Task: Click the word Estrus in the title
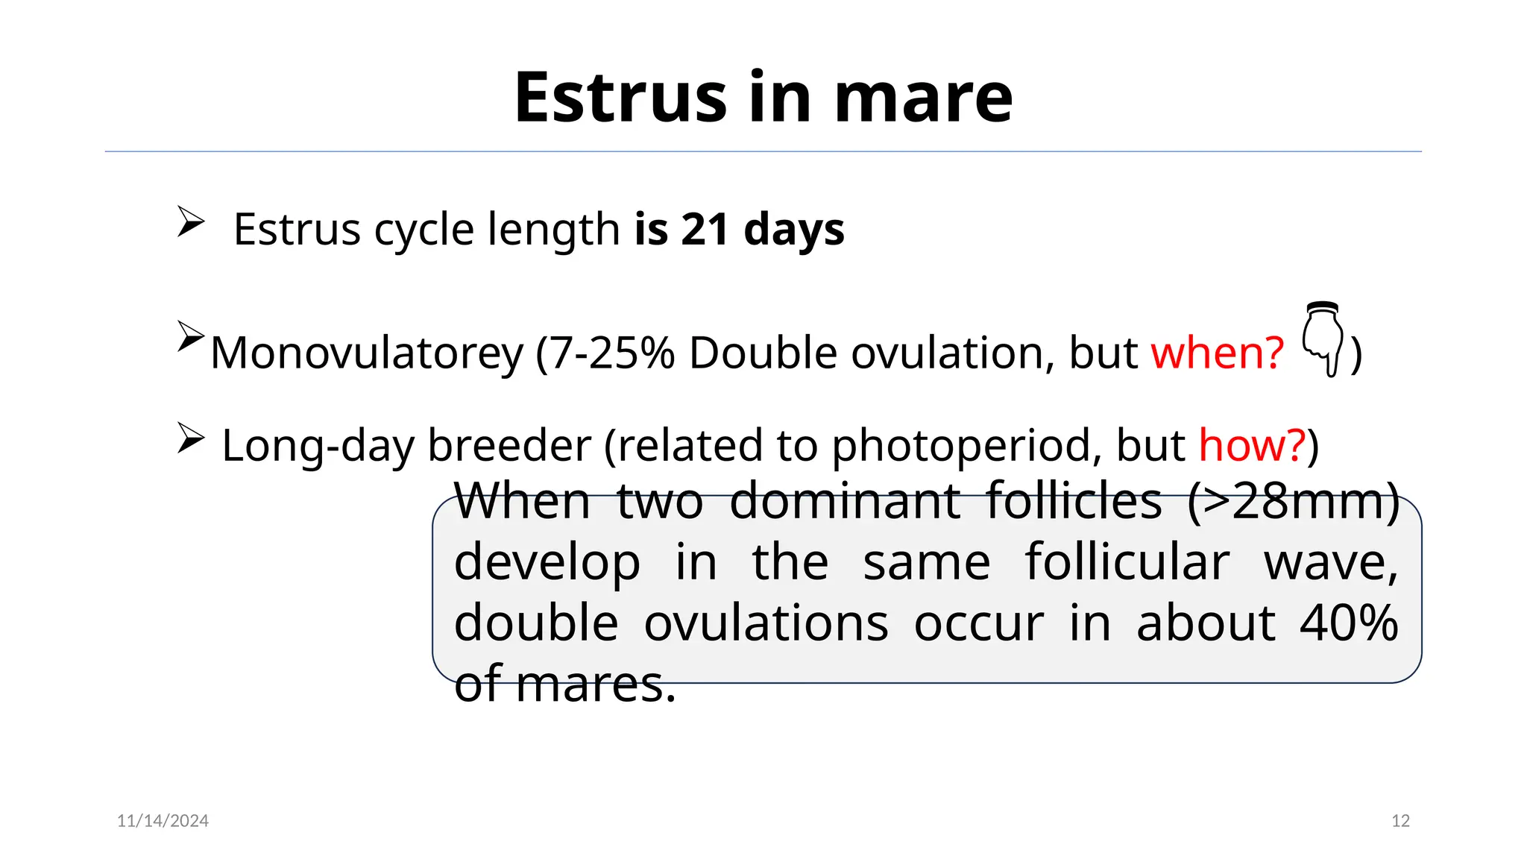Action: click(620, 98)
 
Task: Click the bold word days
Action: click(794, 229)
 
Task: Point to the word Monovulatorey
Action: click(367, 353)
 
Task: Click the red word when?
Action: click(1217, 353)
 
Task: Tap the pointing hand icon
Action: click(1323, 339)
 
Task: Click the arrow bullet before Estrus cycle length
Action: click(191, 222)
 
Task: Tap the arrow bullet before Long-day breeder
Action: click(191, 438)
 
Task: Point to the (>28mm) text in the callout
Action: click(1294, 501)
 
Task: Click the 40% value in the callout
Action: click(1349, 623)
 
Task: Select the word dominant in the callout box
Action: click(845, 501)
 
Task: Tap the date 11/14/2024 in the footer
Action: click(163, 821)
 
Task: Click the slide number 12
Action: click(1400, 821)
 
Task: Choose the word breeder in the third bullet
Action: click(509, 445)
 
